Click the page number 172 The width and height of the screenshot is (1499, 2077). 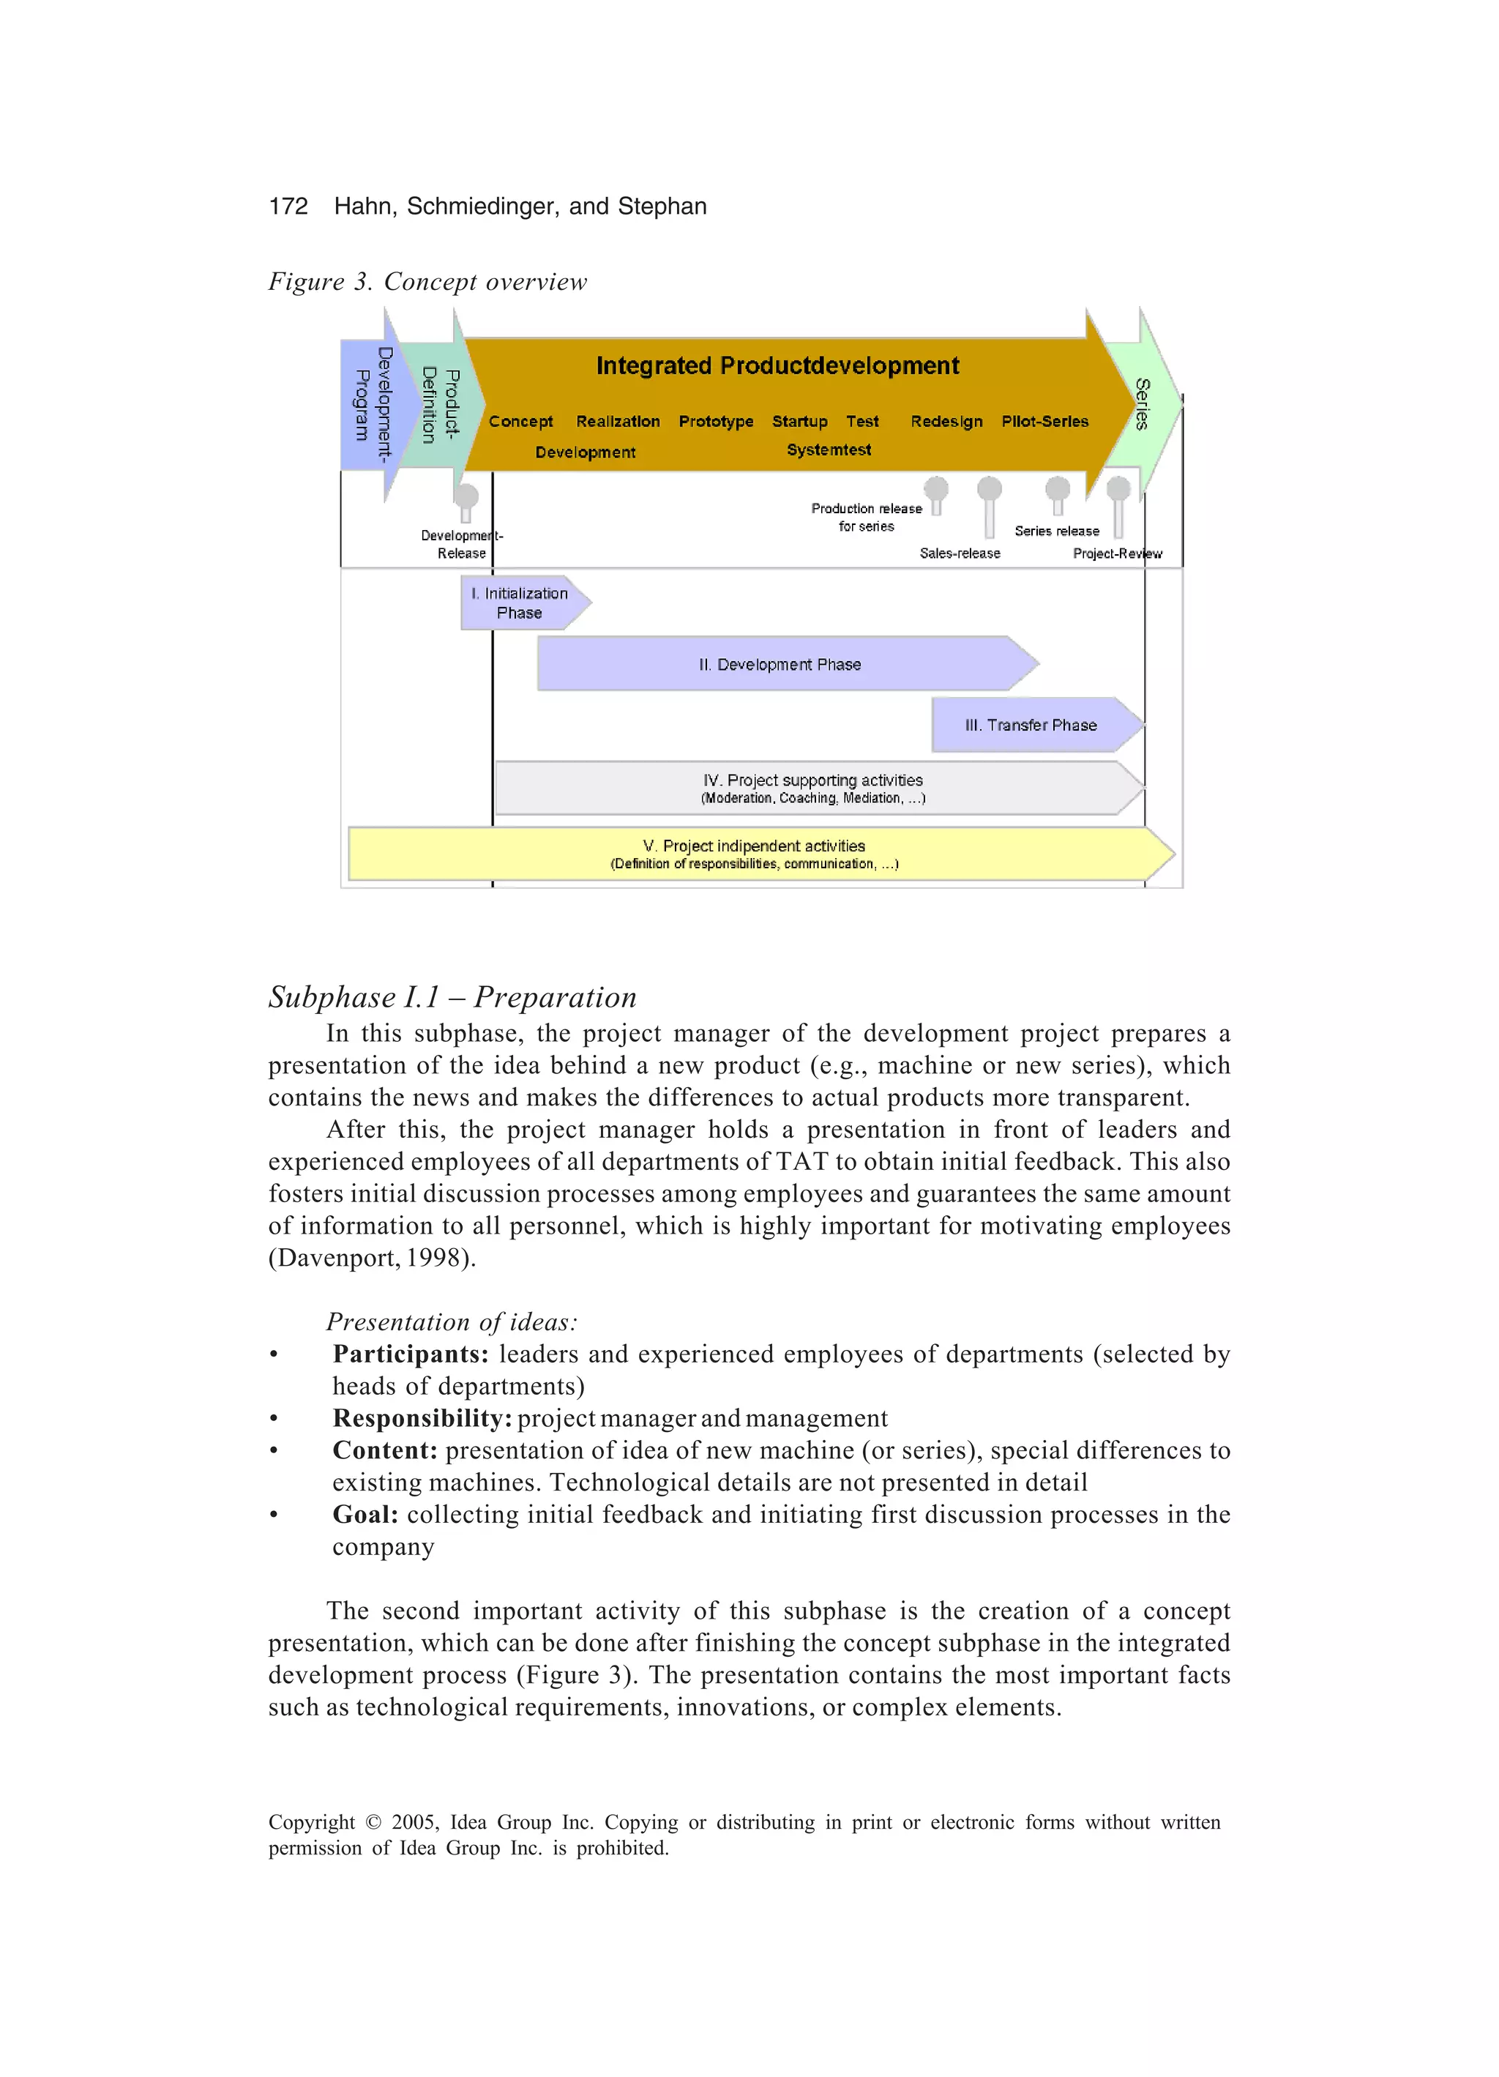[x=288, y=206]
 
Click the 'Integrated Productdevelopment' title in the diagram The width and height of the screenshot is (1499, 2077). [x=777, y=366]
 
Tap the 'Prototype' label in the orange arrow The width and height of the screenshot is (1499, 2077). [x=715, y=421]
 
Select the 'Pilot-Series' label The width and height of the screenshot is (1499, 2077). [x=1044, y=421]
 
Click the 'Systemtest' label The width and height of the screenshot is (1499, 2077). [x=829, y=450]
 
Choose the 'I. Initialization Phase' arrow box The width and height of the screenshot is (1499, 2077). [x=520, y=603]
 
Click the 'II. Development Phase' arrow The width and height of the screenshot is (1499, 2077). [x=780, y=664]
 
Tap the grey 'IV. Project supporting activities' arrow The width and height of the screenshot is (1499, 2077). [x=812, y=788]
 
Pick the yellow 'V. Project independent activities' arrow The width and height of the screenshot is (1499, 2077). [x=754, y=854]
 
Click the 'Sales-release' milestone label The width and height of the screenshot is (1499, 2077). [x=960, y=553]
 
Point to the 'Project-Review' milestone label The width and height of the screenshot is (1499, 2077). [x=1117, y=553]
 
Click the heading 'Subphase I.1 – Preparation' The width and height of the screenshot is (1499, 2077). [x=452, y=996]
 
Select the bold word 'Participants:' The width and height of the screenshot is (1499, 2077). [x=410, y=1354]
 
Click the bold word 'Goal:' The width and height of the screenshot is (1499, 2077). [x=365, y=1514]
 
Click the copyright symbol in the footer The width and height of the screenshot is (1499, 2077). [x=373, y=1822]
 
